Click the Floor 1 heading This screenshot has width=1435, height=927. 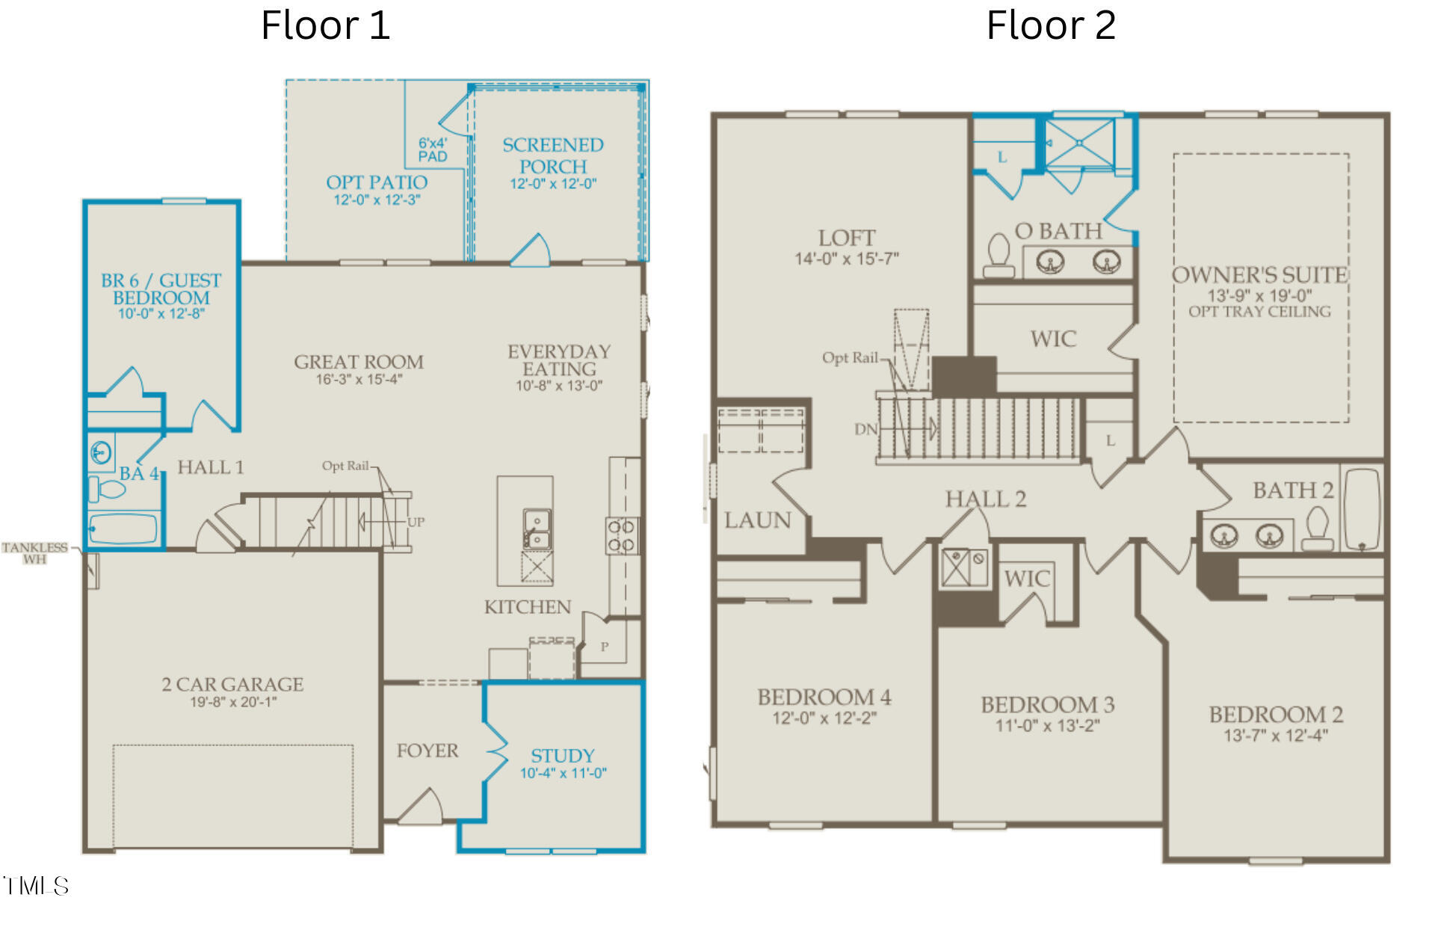point(325,25)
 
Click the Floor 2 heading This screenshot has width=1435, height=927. point(1051,25)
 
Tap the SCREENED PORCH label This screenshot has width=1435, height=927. point(552,155)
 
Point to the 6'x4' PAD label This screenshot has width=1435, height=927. point(433,150)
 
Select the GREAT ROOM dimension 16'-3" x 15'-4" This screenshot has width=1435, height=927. point(359,380)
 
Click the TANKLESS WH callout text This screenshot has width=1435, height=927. point(34,553)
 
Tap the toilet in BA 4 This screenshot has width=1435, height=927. point(109,490)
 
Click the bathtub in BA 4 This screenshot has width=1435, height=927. point(124,529)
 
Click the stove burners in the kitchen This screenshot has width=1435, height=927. point(621,536)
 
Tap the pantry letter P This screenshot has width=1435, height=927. point(605,647)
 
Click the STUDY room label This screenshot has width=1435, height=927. point(562,756)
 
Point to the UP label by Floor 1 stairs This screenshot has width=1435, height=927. point(416,522)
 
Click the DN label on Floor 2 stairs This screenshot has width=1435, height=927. point(865,429)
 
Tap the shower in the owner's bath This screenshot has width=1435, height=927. point(1079,144)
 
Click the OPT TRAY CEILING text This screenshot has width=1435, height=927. point(1259,312)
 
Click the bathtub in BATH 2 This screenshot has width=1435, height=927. point(1361,508)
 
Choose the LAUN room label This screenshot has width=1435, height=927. point(757,520)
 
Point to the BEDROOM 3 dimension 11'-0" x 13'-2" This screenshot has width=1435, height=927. point(1047,726)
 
